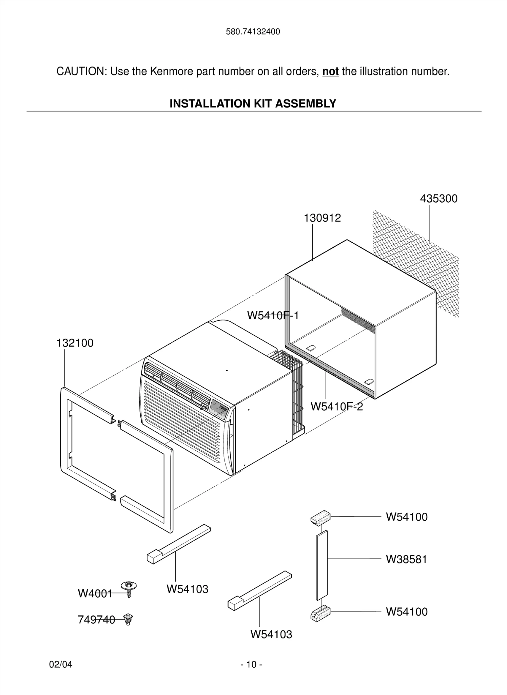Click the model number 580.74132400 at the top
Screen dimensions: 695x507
tap(253, 32)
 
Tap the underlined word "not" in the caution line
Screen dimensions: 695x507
tap(330, 72)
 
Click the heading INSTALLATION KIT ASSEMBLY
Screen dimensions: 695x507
tap(253, 103)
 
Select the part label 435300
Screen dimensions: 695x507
tap(438, 199)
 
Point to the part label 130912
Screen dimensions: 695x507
tap(322, 218)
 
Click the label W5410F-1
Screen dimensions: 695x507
tap(273, 316)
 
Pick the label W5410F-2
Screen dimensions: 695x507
tap(336, 407)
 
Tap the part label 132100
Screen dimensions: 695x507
tap(75, 343)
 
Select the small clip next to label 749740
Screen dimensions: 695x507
tap(128, 619)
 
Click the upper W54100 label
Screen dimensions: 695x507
tap(406, 517)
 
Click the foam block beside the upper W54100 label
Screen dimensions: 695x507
tap(320, 518)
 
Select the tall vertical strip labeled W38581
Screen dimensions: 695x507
tap(322, 565)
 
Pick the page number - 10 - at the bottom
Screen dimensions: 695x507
tap(251, 664)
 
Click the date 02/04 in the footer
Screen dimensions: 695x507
tap(61, 664)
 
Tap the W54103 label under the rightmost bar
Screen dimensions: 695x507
tap(271, 634)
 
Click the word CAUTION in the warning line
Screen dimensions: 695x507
tap(81, 72)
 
